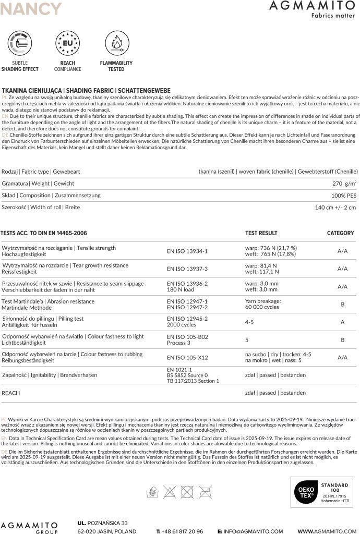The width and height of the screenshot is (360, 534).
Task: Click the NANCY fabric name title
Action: (31, 9)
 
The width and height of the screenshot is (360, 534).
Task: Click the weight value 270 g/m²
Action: (344, 184)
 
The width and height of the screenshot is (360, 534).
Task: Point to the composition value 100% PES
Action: (344, 196)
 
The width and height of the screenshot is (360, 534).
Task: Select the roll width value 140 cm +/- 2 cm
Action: (335, 208)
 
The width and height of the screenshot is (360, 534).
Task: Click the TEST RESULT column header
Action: (261, 233)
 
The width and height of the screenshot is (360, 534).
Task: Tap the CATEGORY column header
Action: (340, 233)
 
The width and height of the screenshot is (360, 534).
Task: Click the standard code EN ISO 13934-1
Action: (187, 251)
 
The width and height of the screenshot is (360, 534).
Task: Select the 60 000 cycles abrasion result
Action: (261, 307)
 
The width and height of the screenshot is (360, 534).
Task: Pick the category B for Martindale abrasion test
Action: (342, 304)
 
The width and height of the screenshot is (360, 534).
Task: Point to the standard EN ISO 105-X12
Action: (187, 358)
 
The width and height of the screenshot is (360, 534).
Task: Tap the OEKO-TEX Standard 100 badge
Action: (321, 492)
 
